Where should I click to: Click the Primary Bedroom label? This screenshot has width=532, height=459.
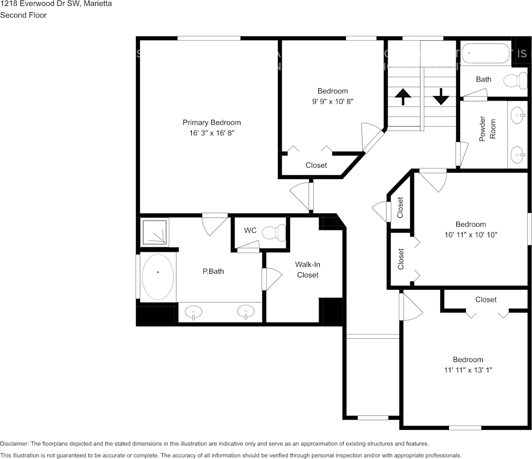tap(211, 122)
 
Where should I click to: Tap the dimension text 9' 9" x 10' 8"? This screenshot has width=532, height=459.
tap(333, 101)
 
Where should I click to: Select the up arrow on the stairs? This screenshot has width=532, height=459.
tap(402, 97)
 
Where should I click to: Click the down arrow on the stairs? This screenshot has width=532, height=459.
tap(441, 96)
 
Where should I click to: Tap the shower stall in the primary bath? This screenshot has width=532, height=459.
tap(154, 232)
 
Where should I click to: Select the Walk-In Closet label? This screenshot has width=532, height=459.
tap(308, 270)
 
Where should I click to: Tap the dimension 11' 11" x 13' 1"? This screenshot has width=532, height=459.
tap(468, 370)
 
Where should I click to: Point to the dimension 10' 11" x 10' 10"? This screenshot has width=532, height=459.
tap(470, 234)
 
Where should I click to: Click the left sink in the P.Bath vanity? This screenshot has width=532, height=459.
tap(194, 311)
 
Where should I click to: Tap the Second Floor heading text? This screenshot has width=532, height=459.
tap(23, 15)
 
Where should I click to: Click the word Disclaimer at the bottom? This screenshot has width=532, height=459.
tap(15, 443)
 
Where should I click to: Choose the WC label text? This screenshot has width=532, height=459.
tap(250, 230)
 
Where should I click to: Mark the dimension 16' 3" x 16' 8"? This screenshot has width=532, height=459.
tap(211, 132)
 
